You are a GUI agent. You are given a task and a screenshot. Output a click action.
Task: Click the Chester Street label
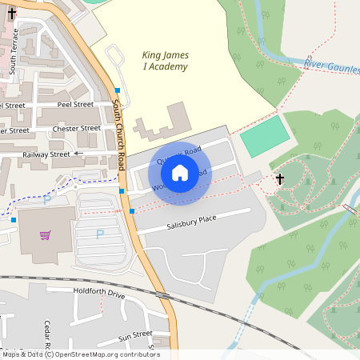pos(76,128)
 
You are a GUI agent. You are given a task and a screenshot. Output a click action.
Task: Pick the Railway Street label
pos(46,154)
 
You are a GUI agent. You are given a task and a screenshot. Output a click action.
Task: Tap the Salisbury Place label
pos(191,218)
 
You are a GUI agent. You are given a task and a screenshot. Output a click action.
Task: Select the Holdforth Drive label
pos(99,294)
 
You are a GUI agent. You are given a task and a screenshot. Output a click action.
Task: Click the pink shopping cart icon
pos(46,235)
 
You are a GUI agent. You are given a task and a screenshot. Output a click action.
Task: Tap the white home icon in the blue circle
pos(180,172)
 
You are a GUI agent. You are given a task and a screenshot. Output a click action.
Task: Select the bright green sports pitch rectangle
pos(265,137)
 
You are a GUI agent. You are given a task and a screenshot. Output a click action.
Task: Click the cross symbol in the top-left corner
pos(11,14)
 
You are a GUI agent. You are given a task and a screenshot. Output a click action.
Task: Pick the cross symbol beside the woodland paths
pos(280,179)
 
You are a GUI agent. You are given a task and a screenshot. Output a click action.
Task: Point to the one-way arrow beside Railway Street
pos(78,153)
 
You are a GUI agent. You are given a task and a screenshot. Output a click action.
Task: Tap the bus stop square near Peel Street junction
pos(118,90)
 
